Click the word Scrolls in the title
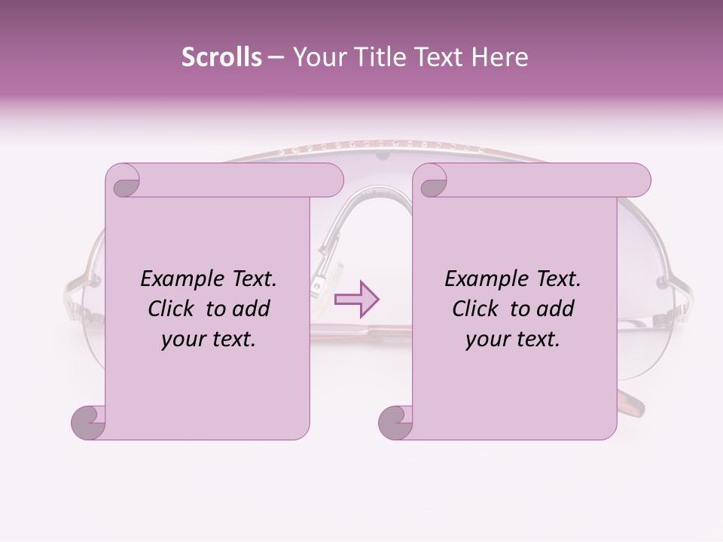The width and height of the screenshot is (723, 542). [221, 57]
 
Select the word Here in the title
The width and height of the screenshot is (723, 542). [499, 57]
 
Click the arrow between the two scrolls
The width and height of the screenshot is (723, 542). [357, 300]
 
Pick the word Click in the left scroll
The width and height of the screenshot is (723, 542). [172, 309]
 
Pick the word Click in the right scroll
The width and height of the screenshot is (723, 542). [477, 309]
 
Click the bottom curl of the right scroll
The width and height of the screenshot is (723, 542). [395, 422]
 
